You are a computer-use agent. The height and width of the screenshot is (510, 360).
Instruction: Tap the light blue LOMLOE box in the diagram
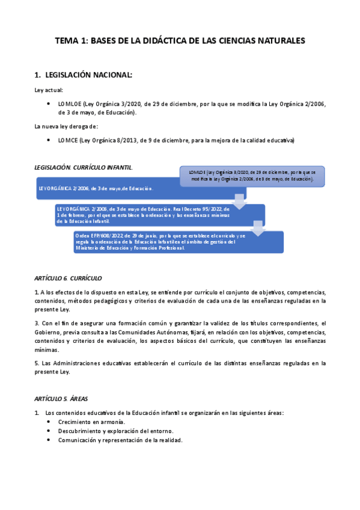(x=252, y=176)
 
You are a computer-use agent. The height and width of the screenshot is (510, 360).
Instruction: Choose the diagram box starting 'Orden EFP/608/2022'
(x=177, y=242)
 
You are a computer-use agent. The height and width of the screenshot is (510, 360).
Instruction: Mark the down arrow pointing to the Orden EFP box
(x=258, y=229)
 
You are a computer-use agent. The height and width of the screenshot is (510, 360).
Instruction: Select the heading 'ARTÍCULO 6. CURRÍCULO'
(x=68, y=278)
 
